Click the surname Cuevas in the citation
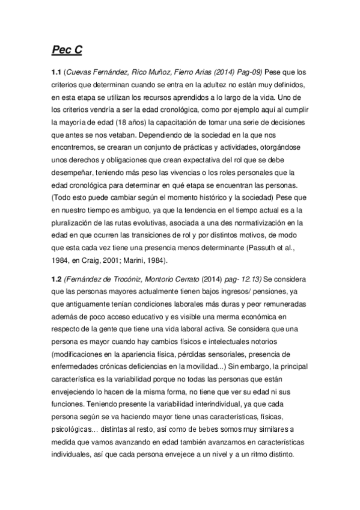click(82, 72)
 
